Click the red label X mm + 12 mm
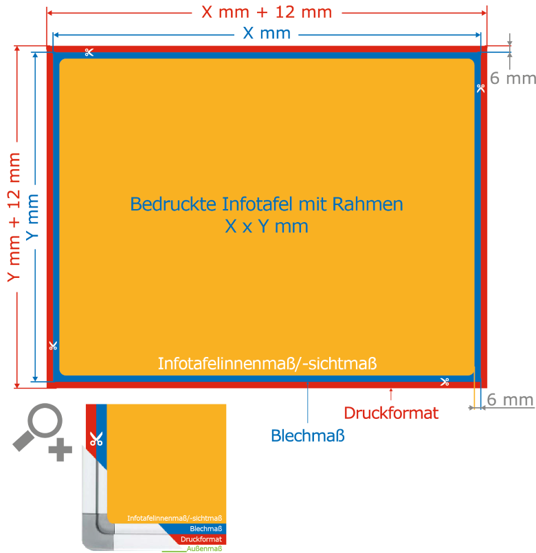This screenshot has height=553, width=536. pos(266,12)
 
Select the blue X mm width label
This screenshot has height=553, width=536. pos(266,33)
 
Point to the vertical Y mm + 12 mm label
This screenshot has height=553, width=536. pos(13,217)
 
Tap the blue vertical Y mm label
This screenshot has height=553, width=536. pos(32,217)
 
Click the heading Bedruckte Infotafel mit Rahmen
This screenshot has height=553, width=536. pos(266,204)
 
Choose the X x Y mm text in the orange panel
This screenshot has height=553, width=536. pos(266,226)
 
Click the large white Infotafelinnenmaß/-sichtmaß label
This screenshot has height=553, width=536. pos(268,362)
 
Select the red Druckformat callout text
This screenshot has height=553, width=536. pos(391,413)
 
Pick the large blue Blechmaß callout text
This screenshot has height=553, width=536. pos(308,435)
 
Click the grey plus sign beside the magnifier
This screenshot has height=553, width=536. pos(60,451)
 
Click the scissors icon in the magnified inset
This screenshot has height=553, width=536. pos(96,438)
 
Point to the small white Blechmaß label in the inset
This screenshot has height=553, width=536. pos(205,528)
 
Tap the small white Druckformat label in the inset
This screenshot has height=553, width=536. pos(201,539)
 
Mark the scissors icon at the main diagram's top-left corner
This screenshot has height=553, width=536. pos(89,52)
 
